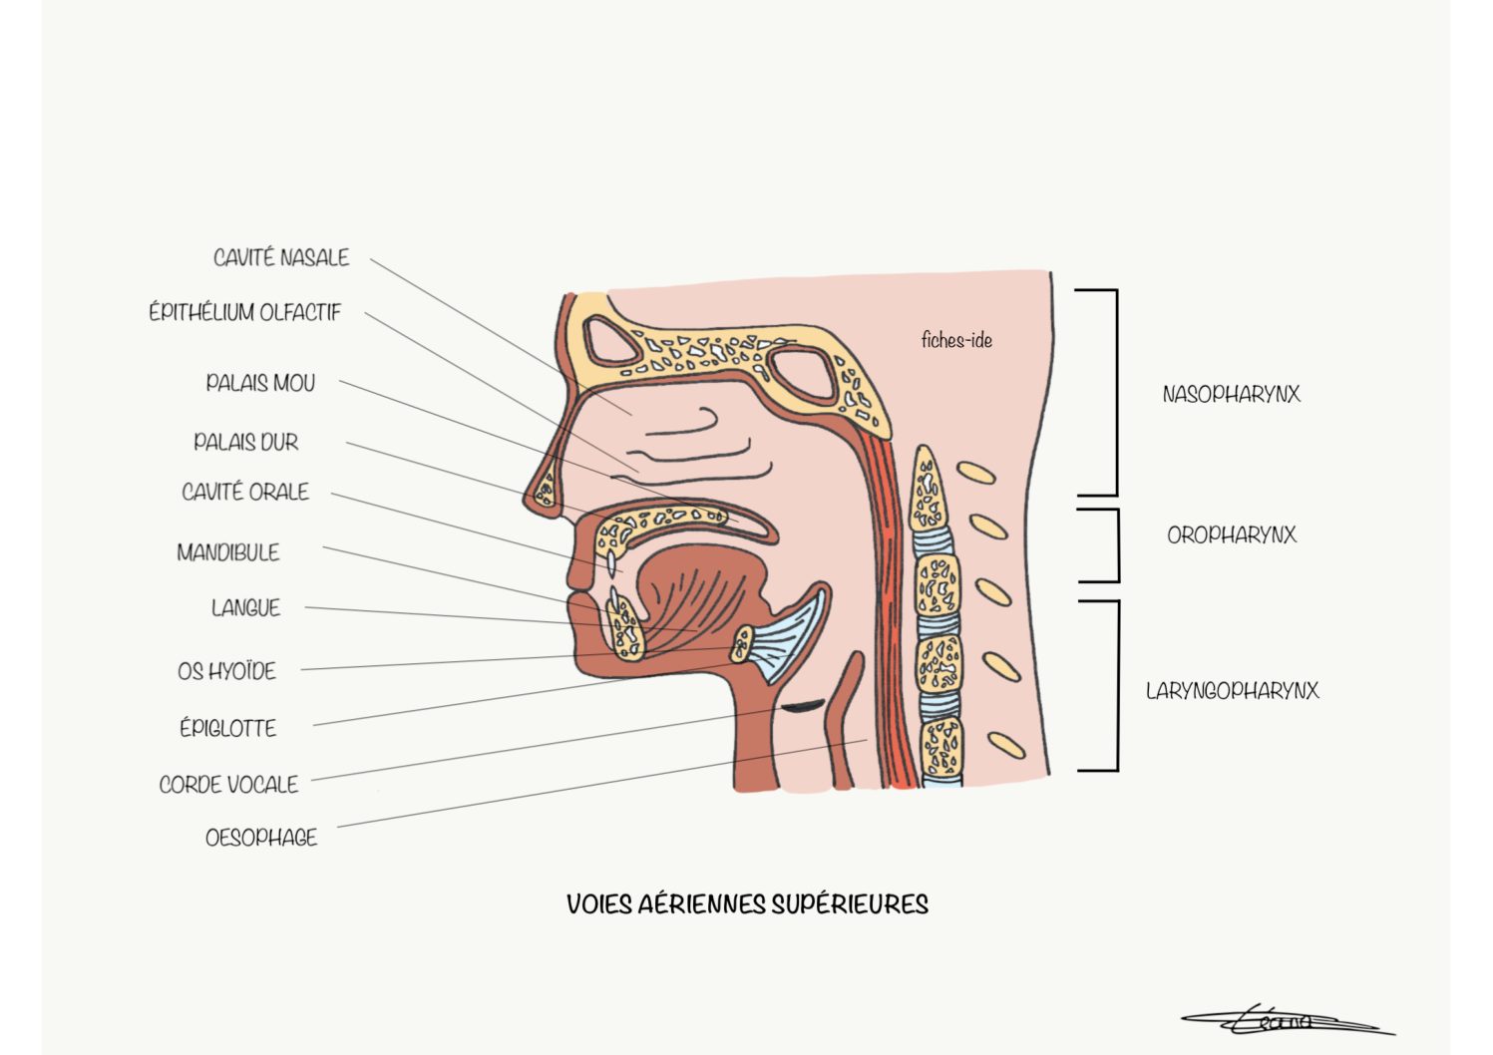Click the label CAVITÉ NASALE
[x=281, y=257]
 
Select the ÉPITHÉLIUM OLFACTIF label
[x=244, y=312]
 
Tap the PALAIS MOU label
[x=260, y=383]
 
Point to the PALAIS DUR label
[x=246, y=441]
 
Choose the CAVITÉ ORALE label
[x=245, y=492]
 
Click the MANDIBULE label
[x=228, y=552]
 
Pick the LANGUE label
[x=246, y=608]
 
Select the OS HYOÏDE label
[x=226, y=670]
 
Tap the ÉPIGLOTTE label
[x=228, y=728]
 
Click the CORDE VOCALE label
[x=228, y=785]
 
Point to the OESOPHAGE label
[x=261, y=837]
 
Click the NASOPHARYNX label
[x=1231, y=394]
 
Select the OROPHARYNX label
[x=1232, y=534]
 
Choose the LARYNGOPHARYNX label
[x=1233, y=690]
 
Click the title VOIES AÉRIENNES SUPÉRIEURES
[x=747, y=904]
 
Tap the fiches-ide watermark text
[x=956, y=341]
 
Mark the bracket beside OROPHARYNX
[x=1118, y=545]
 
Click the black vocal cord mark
[x=803, y=705]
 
